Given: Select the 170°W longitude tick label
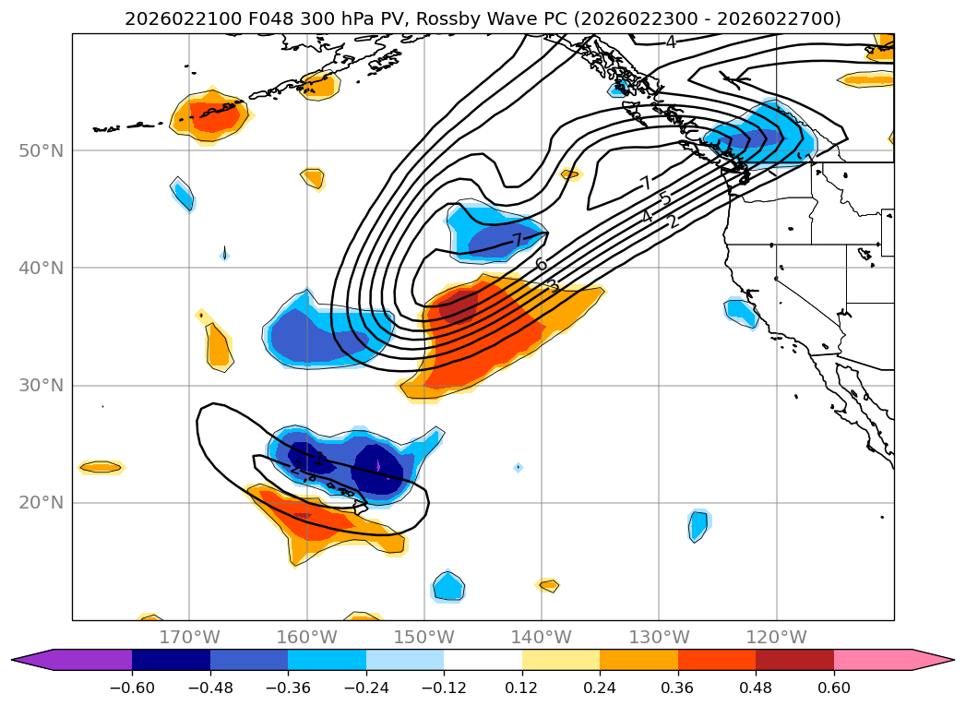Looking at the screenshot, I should [x=189, y=637].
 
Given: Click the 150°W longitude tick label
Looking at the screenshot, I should [x=424, y=637].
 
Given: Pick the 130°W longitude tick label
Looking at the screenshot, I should [x=659, y=637].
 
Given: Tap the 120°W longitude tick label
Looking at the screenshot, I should [x=776, y=637].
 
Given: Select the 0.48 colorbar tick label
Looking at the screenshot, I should [x=756, y=688].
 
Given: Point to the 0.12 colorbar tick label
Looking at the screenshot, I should [x=522, y=688].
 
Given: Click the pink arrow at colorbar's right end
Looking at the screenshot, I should [x=932, y=660].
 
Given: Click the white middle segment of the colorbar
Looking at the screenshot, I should [x=483, y=660].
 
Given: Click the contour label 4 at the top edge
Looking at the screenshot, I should [x=671, y=42].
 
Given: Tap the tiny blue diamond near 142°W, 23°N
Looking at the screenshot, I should [x=519, y=467].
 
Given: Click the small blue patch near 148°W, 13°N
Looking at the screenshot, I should [x=448, y=586].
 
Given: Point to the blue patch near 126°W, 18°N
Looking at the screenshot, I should [x=698, y=526].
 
